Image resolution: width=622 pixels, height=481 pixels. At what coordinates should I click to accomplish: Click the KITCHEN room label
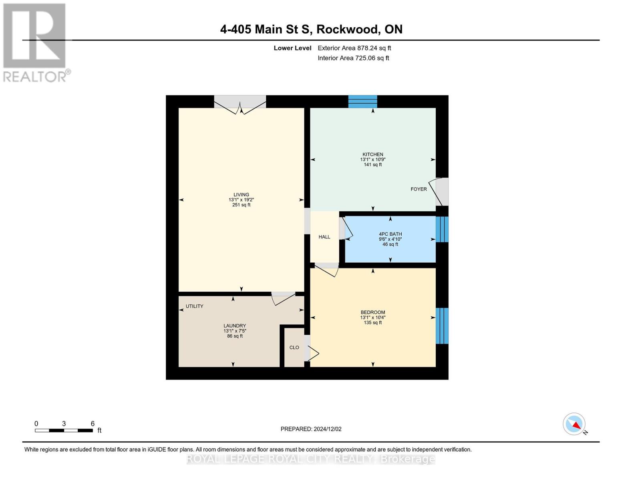(372, 154)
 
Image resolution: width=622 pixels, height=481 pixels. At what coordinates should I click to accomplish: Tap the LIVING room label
(241, 194)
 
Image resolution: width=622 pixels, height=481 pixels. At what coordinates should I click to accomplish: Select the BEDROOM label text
(372, 312)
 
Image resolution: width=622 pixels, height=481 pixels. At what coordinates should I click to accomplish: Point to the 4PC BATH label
(390, 234)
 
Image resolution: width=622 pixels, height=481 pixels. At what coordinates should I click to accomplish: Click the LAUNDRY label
(235, 326)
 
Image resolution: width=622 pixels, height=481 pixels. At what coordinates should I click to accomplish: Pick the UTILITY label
(194, 306)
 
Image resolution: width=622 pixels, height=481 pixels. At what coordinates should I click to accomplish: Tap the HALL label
(324, 237)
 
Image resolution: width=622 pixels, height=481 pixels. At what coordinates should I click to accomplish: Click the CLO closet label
(294, 348)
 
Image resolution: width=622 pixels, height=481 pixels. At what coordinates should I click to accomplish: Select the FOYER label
(419, 189)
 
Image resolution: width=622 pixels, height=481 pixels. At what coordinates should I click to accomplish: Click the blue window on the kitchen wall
(362, 101)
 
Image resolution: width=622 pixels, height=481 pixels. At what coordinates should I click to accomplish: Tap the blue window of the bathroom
(442, 229)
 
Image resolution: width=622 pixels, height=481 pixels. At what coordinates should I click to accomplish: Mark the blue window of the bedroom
(442, 325)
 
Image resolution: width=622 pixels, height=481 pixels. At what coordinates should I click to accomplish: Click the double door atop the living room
(240, 103)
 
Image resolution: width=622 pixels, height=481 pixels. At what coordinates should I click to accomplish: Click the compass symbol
(574, 424)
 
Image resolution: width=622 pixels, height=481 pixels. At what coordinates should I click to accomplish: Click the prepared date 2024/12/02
(311, 429)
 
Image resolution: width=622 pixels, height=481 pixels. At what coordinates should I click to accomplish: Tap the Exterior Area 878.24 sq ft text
(354, 48)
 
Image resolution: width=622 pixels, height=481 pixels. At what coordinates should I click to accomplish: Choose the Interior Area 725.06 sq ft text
(353, 58)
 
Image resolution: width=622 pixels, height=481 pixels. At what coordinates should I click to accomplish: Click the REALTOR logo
(35, 42)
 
